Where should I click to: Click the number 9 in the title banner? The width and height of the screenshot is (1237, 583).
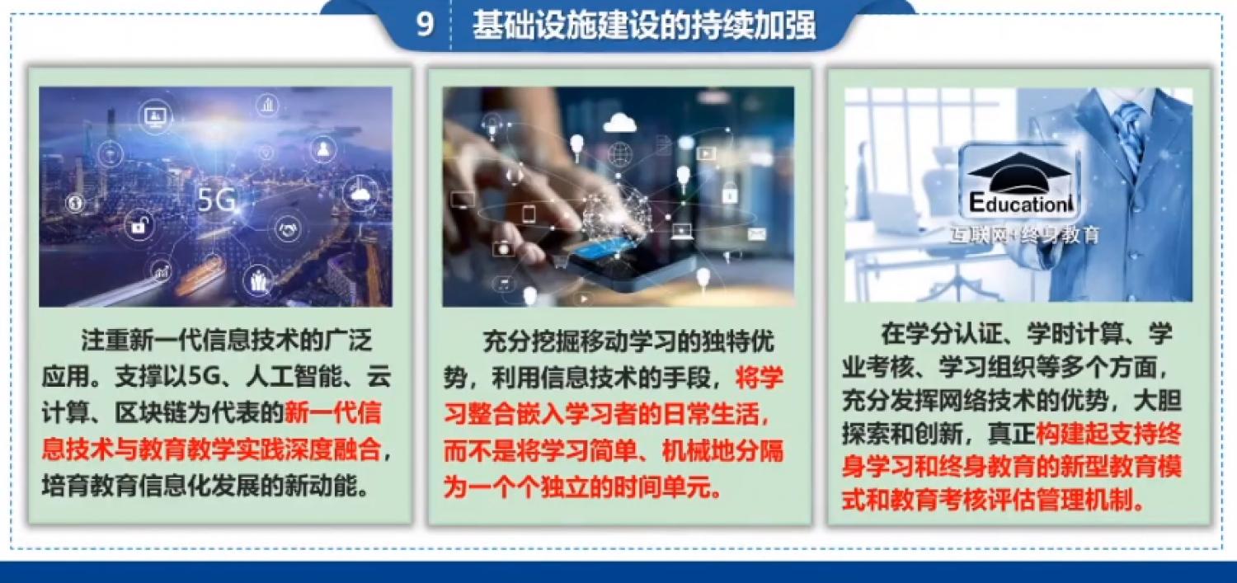pyautogui.click(x=424, y=25)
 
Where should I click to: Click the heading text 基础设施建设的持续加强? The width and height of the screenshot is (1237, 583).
pyautogui.click(x=644, y=26)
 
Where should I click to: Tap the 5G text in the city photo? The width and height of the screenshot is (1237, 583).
pyautogui.click(x=217, y=200)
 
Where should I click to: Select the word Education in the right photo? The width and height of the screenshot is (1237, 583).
pyautogui.click(x=1018, y=204)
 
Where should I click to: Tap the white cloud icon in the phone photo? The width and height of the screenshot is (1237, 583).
pyautogui.click(x=619, y=122)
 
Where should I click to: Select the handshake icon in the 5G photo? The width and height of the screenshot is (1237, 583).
pyautogui.click(x=289, y=229)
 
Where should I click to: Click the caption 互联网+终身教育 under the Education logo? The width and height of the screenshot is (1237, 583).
pyautogui.click(x=1024, y=235)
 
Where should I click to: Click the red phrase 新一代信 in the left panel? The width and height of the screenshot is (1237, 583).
pyautogui.click(x=332, y=413)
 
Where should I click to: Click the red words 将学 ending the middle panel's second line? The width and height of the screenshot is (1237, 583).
pyautogui.click(x=759, y=378)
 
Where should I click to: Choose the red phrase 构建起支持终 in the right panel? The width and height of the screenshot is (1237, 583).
pyautogui.click(x=1109, y=434)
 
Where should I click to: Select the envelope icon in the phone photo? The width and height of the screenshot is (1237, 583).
pyautogui.click(x=756, y=235)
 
